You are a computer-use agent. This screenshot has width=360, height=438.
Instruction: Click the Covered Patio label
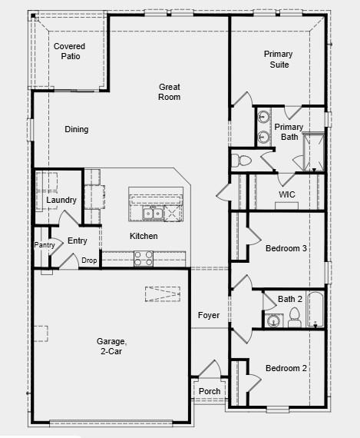tap(69, 51)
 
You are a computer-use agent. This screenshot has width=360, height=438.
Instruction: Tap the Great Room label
tap(170, 91)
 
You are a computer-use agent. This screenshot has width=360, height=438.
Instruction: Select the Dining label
tap(76, 129)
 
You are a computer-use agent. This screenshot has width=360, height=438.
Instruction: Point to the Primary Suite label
tap(278, 59)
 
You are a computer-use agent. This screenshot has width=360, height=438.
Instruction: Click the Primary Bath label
tap(289, 132)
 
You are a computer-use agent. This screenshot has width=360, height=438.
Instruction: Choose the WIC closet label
tap(287, 194)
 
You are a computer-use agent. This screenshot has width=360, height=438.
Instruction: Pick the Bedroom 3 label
tap(286, 248)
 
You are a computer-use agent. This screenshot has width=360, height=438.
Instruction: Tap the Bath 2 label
tap(290, 299)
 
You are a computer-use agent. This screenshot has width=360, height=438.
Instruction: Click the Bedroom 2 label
tap(286, 368)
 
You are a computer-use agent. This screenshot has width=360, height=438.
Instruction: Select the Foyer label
tap(209, 315)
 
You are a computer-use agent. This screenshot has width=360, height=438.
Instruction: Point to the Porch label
tap(210, 391)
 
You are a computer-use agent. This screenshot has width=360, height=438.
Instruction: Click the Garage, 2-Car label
tap(111, 346)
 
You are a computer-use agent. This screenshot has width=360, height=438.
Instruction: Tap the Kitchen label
tap(144, 236)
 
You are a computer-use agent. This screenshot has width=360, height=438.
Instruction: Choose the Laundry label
tap(61, 200)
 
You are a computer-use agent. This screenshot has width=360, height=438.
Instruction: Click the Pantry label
tap(44, 245)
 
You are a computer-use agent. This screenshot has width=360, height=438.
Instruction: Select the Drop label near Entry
tap(90, 260)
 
